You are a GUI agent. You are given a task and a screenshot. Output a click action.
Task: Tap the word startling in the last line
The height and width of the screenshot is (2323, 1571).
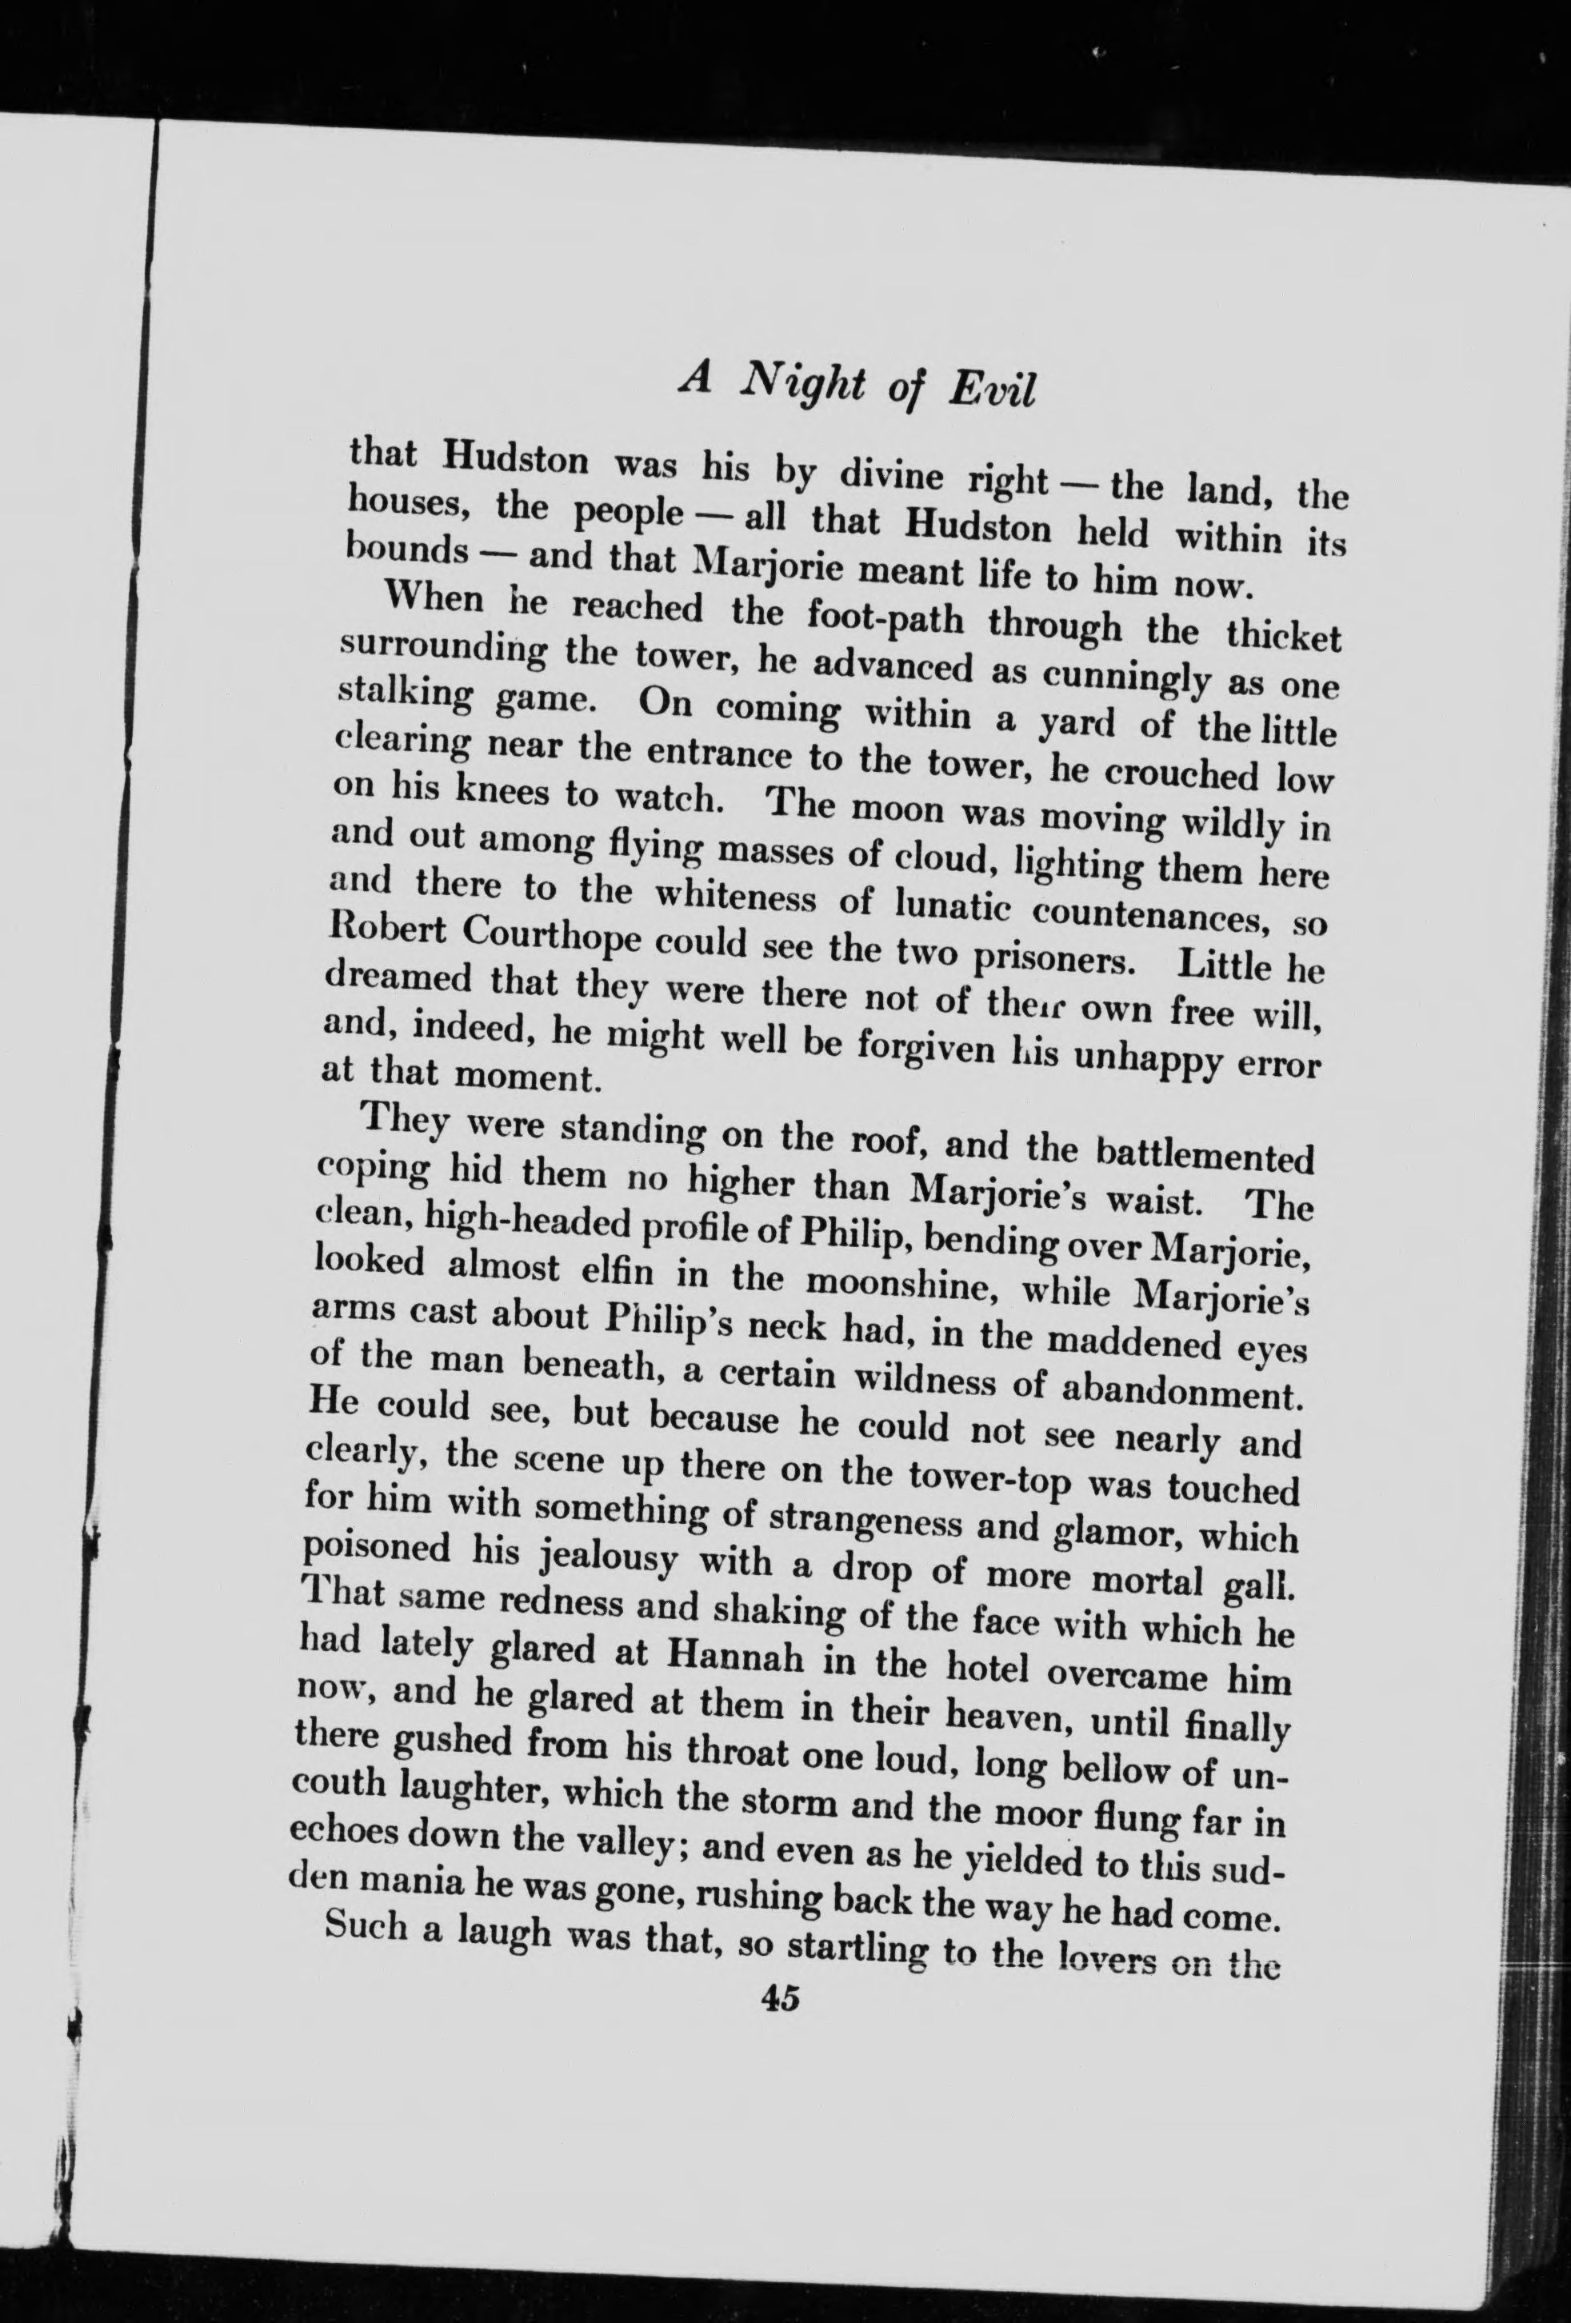tap(854, 1947)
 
